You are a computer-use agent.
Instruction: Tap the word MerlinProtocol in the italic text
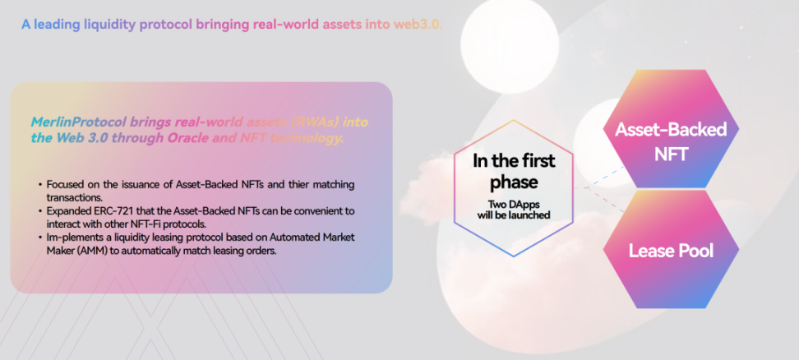pos(78,122)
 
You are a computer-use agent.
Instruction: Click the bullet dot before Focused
pos(40,184)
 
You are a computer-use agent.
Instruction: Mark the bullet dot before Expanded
pos(40,210)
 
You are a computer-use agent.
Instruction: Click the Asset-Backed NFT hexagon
pos(671,129)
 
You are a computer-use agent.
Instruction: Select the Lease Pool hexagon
pos(671,250)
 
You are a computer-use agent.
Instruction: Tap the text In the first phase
pos(514,171)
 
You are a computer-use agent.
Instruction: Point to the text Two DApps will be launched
pos(514,210)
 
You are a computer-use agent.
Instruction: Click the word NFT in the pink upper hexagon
pos(671,154)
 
